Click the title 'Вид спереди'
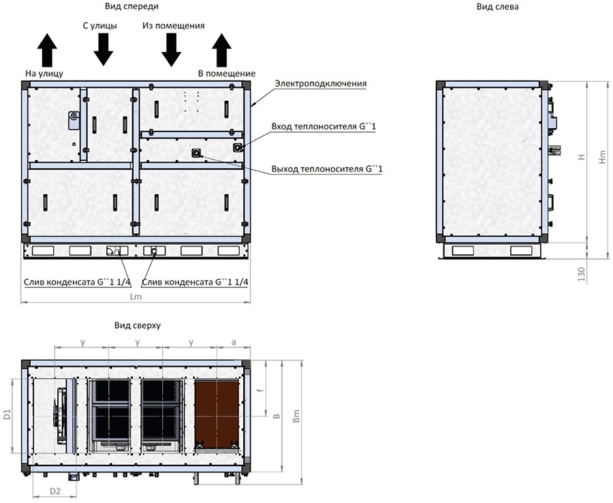[x=131, y=6]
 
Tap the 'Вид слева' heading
[x=498, y=6]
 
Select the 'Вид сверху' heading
[x=138, y=325]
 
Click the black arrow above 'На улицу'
[x=47, y=50]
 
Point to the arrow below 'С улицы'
[x=104, y=49]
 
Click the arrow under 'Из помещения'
[x=171, y=49]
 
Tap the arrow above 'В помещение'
[x=221, y=50]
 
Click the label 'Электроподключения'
[x=321, y=83]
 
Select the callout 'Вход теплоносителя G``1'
[x=324, y=127]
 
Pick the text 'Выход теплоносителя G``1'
[x=327, y=169]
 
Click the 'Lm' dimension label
[x=136, y=297]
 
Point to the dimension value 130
[x=582, y=274]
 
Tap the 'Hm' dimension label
[x=603, y=157]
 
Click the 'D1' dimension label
[x=7, y=415]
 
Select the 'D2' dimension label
[x=55, y=491]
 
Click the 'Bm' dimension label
[x=296, y=416]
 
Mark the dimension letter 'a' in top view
[x=234, y=342]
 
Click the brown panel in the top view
[x=217, y=414]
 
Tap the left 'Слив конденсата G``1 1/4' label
[x=78, y=282]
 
